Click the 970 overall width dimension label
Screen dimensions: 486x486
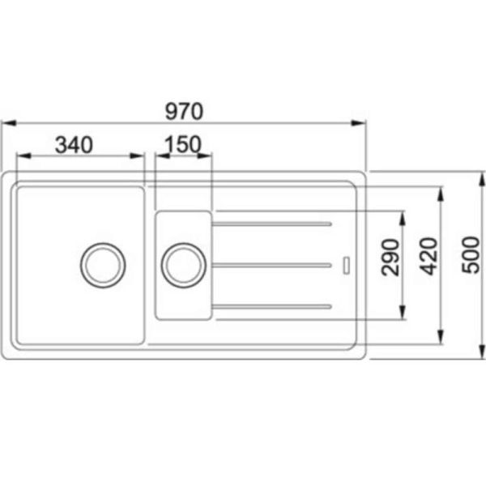tap(184, 112)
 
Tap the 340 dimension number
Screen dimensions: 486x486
tap(74, 145)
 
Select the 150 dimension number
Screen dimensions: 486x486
tap(183, 144)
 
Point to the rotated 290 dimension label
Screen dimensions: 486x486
tap(390, 258)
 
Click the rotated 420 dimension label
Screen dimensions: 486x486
tap(430, 256)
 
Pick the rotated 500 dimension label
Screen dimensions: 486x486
tap(471, 255)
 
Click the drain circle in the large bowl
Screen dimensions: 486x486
tap(103, 266)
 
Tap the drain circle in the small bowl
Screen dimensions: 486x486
tap(184, 266)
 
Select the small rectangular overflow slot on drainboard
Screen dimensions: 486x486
tap(347, 266)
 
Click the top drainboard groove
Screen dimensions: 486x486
tap(272, 224)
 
